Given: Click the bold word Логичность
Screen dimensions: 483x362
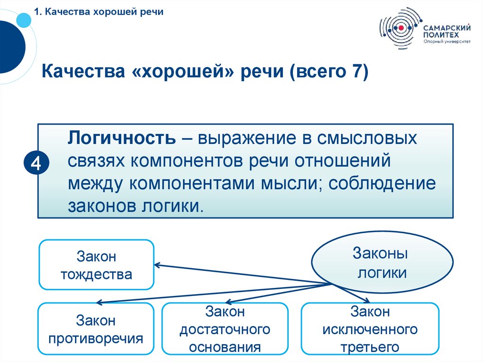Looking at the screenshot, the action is click(x=123, y=139).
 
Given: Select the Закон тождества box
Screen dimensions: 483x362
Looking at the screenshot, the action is click(x=96, y=265).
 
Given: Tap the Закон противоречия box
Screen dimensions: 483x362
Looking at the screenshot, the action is click(x=96, y=329).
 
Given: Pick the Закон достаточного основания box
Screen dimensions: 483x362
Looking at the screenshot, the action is click(x=225, y=329).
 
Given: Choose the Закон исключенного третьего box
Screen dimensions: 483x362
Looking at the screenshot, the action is click(x=370, y=329).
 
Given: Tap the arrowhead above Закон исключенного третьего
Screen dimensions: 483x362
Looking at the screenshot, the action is click(x=366, y=301).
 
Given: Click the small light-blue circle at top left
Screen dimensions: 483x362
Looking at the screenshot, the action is click(x=23, y=19).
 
